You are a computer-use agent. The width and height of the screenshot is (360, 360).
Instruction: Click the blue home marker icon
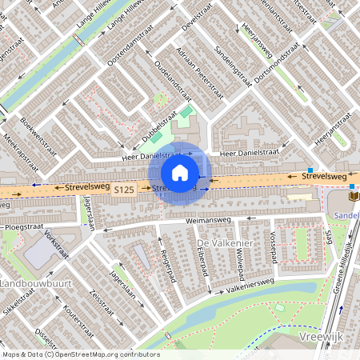pos(180,173)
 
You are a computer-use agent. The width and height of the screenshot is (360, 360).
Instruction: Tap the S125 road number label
pos(123,190)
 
